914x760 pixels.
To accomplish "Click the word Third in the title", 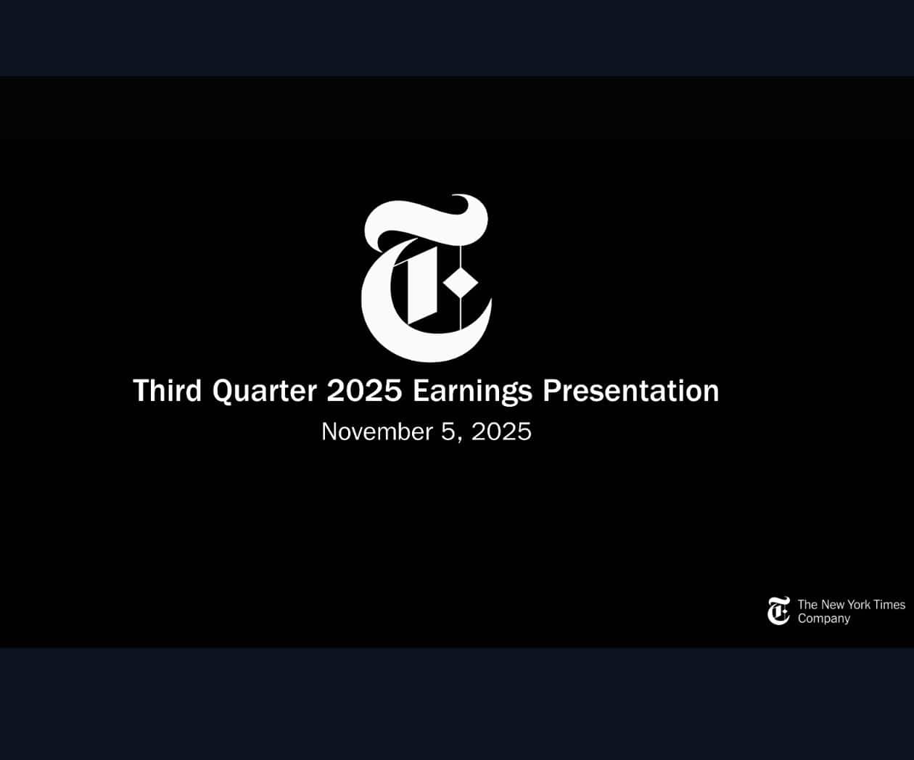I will click(x=167, y=391).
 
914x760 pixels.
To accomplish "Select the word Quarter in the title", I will click(x=265, y=392).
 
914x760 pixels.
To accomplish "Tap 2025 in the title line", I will click(x=364, y=391).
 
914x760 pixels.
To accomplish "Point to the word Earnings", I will click(x=472, y=392).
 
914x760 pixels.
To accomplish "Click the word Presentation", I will click(x=631, y=391).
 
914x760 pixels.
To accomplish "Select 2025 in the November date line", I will click(x=501, y=431).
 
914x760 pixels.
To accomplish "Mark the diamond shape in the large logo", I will click(x=461, y=284).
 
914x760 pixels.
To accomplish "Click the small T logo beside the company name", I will click(x=778, y=611).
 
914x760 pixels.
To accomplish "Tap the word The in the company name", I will click(x=807, y=605).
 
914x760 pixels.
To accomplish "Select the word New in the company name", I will click(x=832, y=605).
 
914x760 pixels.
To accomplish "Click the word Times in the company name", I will click(x=889, y=605).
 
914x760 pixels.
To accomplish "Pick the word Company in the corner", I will click(x=824, y=619).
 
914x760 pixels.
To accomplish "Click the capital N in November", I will click(x=329, y=431).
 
